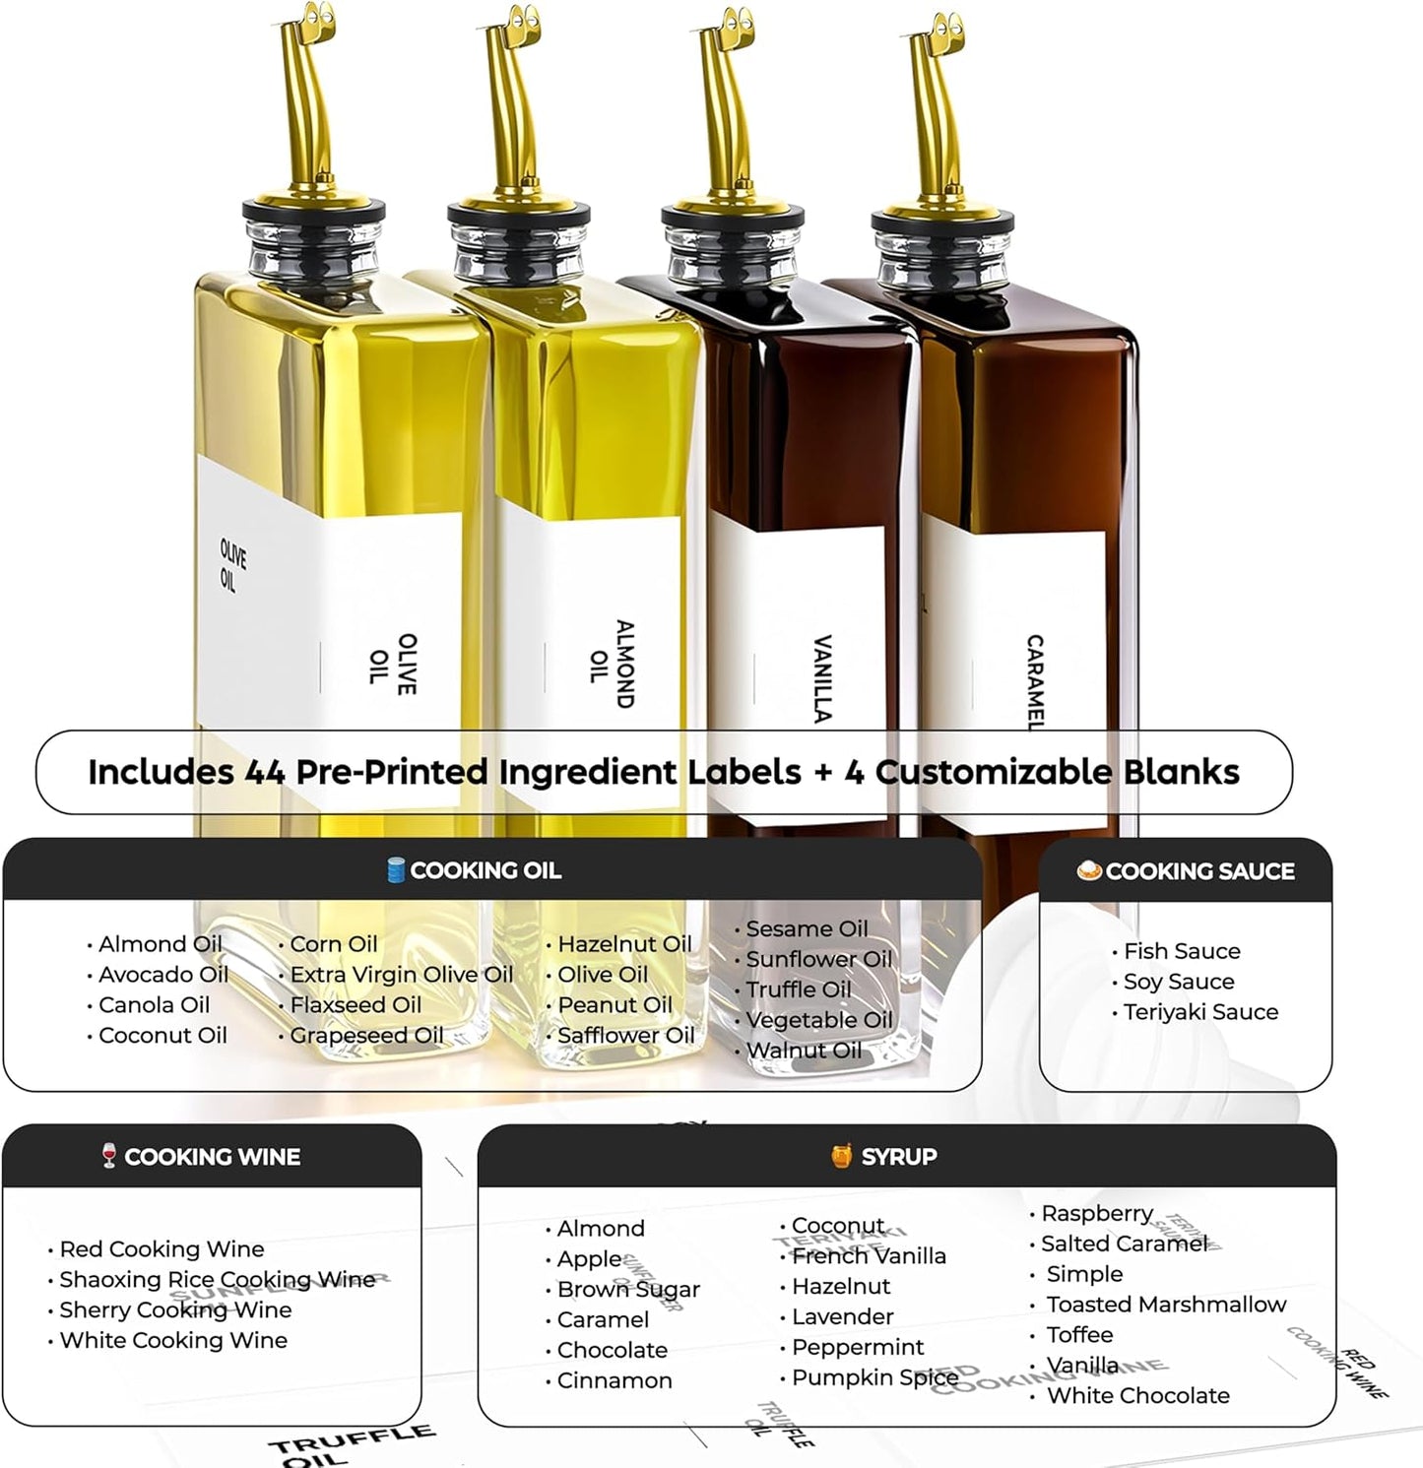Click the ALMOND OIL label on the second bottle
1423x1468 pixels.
[x=612, y=665]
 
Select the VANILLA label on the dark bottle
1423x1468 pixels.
[x=823, y=678]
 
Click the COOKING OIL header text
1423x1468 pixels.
[x=485, y=870]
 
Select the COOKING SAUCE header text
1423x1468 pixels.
[x=1199, y=871]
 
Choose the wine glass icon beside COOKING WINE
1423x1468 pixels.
[x=108, y=1156]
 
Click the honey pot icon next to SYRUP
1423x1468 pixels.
[x=841, y=1156]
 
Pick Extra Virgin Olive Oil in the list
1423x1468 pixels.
[x=402, y=975]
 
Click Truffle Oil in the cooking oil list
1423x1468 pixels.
[x=798, y=989]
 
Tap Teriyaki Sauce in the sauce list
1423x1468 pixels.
[x=1200, y=1012]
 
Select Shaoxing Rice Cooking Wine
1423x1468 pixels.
[x=217, y=1280]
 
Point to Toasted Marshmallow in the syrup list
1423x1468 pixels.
[x=1166, y=1305]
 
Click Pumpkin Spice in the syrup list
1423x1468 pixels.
[x=874, y=1377]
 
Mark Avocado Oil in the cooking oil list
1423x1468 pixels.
[x=163, y=975]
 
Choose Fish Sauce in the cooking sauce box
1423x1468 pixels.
[x=1182, y=951]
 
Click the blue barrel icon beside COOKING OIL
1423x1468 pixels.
[x=396, y=870]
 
